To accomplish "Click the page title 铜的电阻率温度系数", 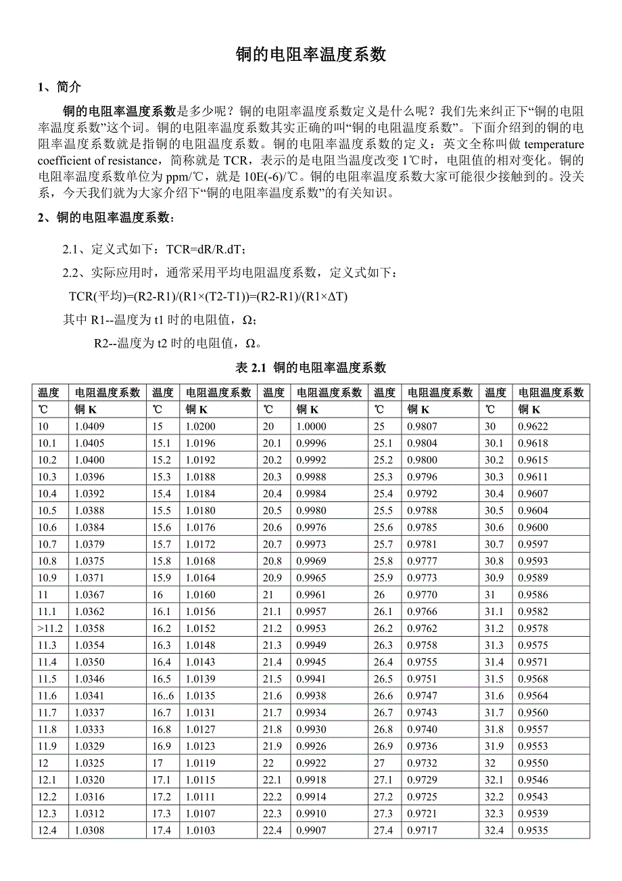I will click(310, 55).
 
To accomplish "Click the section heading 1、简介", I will click(59, 87).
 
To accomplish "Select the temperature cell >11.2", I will click(51, 629).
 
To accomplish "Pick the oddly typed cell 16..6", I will click(163, 696).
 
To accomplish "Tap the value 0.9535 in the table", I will click(533, 830).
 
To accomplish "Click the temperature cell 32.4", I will click(494, 830).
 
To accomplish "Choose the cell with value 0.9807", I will click(422, 426).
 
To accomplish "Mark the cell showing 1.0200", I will click(200, 426).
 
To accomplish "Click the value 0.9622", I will click(533, 426).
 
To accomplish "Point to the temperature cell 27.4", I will click(383, 830).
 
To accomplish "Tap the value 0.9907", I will click(311, 830).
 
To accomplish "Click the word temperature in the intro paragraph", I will click(554, 144).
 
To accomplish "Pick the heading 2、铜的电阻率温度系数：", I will click(107, 218).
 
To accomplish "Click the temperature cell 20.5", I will click(272, 511).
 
